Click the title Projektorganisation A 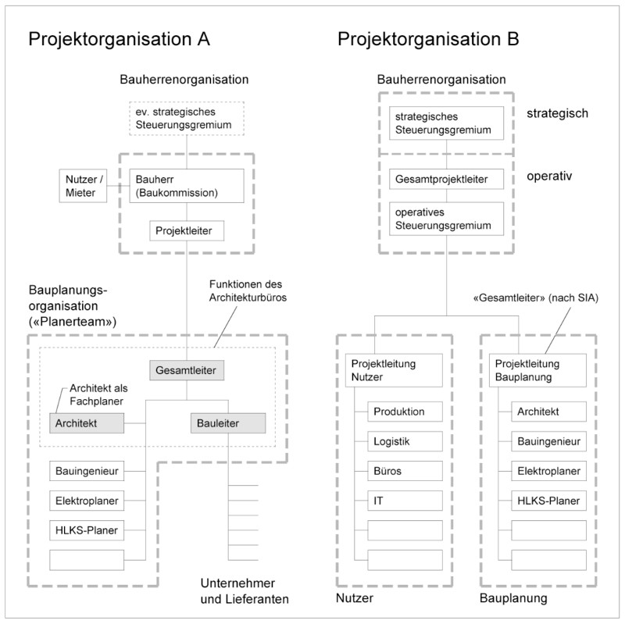point(120,40)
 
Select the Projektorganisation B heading point(429,40)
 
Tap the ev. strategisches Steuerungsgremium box point(187,118)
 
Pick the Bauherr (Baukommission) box point(187,184)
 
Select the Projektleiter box point(187,231)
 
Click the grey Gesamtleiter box point(188,369)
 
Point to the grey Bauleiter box point(227,423)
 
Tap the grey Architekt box point(88,423)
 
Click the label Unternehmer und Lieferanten point(241,592)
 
